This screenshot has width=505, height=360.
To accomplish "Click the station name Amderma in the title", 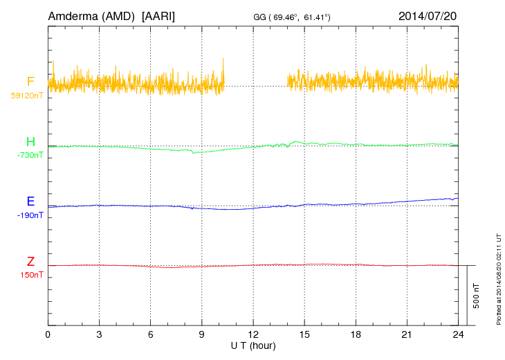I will tap(73, 15).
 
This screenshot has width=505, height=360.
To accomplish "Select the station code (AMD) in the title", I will tap(120, 15).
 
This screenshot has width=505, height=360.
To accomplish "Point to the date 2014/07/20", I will tap(428, 15).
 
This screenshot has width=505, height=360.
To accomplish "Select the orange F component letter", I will tap(30, 82).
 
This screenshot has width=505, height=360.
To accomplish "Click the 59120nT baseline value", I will tap(26, 95).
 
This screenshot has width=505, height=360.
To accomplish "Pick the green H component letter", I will tap(30, 142).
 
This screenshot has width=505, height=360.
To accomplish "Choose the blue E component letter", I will tap(30, 202).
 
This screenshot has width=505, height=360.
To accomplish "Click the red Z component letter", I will tap(30, 262).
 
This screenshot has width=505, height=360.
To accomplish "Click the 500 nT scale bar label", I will tap(477, 296).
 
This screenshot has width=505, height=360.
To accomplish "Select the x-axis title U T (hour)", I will tap(253, 345).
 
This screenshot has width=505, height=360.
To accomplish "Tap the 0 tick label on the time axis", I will tap(48, 334).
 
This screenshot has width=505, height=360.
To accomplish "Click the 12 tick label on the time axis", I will tap(253, 334).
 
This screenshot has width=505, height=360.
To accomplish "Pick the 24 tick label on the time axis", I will tap(458, 334).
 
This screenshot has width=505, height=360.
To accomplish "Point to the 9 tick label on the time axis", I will tap(202, 334).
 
